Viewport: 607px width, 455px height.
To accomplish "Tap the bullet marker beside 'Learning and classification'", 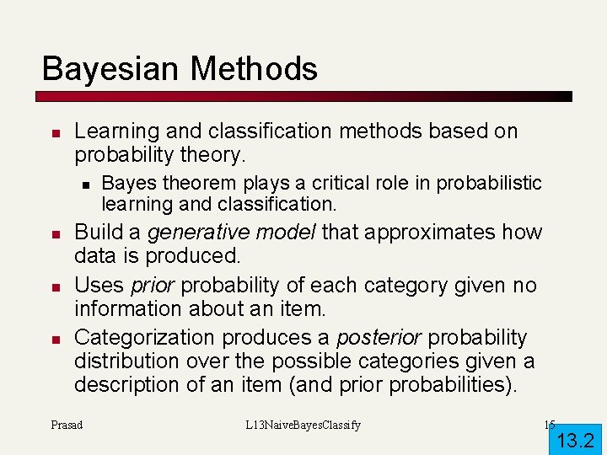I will coord(53,133).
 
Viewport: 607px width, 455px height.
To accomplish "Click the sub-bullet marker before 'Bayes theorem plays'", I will coord(83,184).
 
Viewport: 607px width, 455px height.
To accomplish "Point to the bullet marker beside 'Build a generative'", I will coord(53,233).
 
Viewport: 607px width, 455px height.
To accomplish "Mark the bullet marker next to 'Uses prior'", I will coord(53,286).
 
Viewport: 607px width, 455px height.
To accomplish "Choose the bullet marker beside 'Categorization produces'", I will coord(53,339).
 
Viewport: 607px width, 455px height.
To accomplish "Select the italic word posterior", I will coord(379,338).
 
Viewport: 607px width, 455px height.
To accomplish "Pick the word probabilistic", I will coord(493,183).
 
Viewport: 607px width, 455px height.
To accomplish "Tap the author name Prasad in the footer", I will coord(67,425).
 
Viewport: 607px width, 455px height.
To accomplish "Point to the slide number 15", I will coord(549,425).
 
